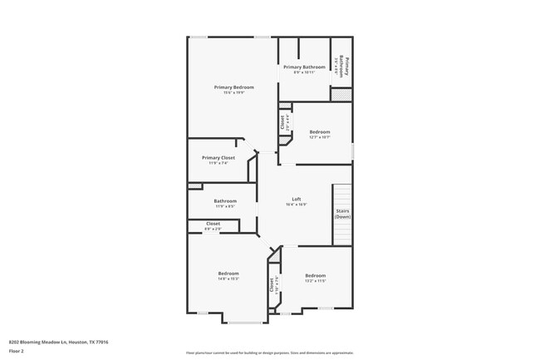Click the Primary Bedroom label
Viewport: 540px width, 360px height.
click(x=233, y=87)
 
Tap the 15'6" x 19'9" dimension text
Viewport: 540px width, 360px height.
click(x=233, y=93)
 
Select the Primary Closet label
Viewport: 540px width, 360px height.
click(x=218, y=158)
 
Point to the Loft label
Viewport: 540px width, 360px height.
click(x=296, y=200)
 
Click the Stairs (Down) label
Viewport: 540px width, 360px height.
click(x=343, y=214)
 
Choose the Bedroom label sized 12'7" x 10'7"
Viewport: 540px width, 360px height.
click(x=320, y=132)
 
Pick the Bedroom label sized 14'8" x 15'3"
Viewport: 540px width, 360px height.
click(x=228, y=274)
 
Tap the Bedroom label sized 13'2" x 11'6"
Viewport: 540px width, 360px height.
click(x=315, y=275)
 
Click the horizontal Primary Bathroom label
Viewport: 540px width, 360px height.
click(x=304, y=67)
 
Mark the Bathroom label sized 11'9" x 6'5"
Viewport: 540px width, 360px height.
click(x=225, y=200)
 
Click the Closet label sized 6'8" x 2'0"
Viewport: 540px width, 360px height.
click(x=214, y=224)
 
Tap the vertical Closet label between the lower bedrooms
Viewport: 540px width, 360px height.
click(x=272, y=284)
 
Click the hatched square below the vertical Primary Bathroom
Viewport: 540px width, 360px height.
click(x=341, y=94)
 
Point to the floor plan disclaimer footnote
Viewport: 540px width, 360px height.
click(x=270, y=353)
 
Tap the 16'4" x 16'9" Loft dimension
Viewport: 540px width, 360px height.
click(x=296, y=205)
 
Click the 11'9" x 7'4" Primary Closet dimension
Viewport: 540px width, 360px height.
click(x=218, y=163)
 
